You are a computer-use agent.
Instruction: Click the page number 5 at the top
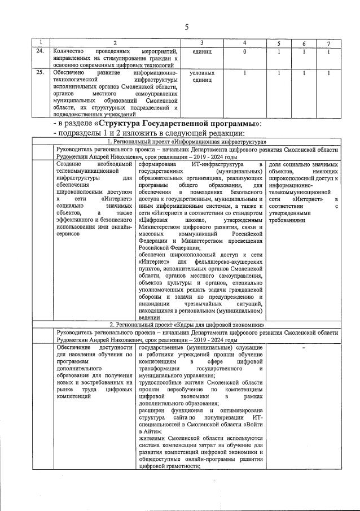pos(186,27)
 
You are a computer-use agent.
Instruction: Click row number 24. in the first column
pos(40,51)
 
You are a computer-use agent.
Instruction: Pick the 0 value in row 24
pos(244,51)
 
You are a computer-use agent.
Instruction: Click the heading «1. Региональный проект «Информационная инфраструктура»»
pos(187,141)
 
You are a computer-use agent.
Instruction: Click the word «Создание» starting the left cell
pos(72,164)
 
